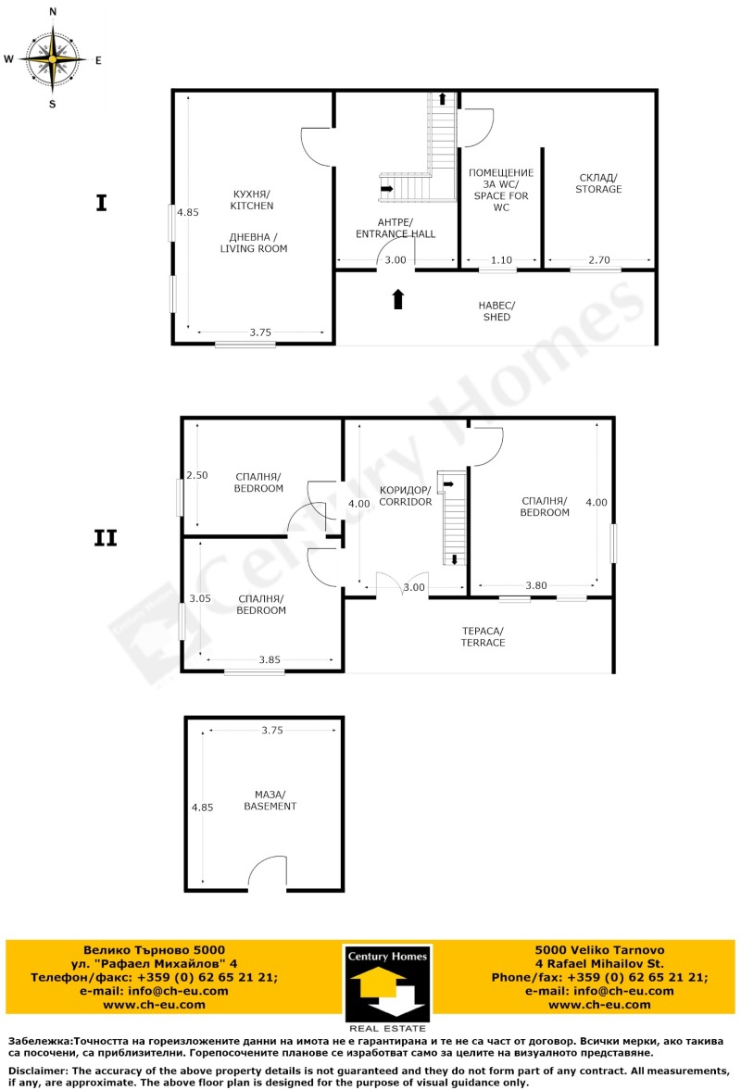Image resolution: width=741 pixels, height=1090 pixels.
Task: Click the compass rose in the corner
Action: click(x=53, y=58)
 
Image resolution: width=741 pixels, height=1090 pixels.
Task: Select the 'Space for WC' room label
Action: click(x=500, y=189)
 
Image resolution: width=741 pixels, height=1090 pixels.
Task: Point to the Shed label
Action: click(x=496, y=311)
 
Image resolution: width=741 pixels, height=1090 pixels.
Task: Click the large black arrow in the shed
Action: click(x=398, y=299)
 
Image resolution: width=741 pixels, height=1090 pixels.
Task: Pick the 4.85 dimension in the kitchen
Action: click(x=188, y=212)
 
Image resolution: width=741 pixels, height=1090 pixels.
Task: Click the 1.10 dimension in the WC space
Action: click(x=500, y=260)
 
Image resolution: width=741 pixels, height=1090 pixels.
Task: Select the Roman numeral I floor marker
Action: click(x=101, y=204)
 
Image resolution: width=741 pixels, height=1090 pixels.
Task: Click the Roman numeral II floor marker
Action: click(x=106, y=538)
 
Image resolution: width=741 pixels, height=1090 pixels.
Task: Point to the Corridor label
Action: click(x=406, y=495)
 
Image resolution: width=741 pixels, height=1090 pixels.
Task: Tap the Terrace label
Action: click(x=484, y=636)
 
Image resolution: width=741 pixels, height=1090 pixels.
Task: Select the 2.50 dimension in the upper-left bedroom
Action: click(x=196, y=475)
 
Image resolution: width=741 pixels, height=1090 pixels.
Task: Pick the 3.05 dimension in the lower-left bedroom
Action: click(x=200, y=598)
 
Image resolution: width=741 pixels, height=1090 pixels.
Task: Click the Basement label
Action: click(x=270, y=800)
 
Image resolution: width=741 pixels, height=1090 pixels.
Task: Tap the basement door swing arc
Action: click(x=267, y=871)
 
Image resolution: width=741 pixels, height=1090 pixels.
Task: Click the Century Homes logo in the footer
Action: click(x=387, y=987)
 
